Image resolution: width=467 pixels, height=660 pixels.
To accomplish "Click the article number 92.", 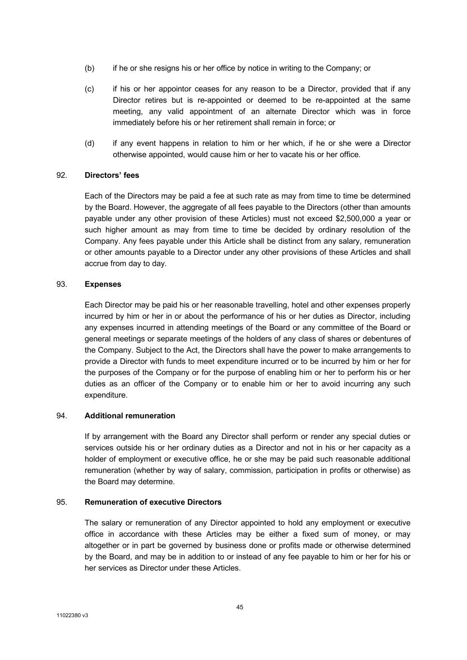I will (x=61, y=175).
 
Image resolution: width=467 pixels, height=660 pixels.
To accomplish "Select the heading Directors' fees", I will (x=112, y=175).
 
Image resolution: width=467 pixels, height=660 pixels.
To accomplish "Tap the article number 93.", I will (x=61, y=284).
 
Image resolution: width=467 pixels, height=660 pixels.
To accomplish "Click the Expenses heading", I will (x=103, y=284).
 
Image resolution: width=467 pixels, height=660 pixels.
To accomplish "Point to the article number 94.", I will (x=61, y=415).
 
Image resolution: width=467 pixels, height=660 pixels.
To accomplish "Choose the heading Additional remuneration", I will (x=130, y=415).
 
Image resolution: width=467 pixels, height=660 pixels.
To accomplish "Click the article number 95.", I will (x=61, y=502).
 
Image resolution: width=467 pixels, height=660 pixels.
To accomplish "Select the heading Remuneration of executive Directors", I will (x=153, y=502).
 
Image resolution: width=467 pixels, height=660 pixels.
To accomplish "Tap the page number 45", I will (x=240, y=607).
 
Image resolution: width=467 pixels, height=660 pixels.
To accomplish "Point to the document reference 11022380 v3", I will (x=72, y=616).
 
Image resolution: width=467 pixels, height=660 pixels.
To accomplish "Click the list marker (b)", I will (x=90, y=68).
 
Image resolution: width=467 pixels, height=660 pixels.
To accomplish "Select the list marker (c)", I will (x=90, y=89).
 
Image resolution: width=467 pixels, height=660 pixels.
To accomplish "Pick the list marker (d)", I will (x=90, y=143).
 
